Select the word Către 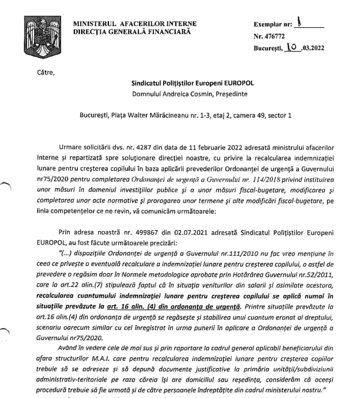point(45,72)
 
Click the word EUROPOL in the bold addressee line point(239,83)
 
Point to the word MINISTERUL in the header point(95,24)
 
